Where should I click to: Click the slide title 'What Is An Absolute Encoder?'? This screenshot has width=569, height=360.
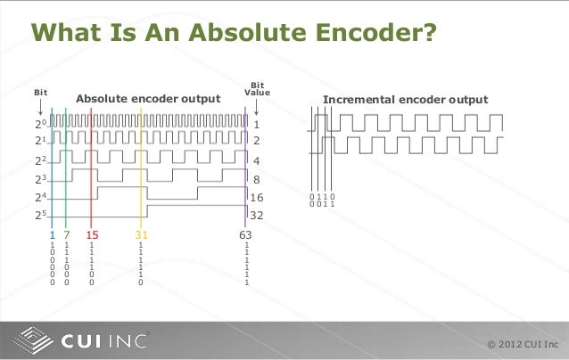pyautogui.click(x=234, y=34)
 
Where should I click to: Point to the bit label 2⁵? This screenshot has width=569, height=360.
pyautogui.click(x=41, y=215)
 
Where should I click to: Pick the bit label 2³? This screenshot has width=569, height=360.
pyautogui.click(x=41, y=179)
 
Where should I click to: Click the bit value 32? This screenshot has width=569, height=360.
pyautogui.click(x=261, y=215)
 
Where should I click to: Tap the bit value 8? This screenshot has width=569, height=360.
pyautogui.click(x=258, y=179)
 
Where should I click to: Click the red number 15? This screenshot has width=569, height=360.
pyautogui.click(x=91, y=234)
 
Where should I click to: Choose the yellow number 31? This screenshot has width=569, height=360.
pyautogui.click(x=141, y=234)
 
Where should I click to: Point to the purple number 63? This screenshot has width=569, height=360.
pyautogui.click(x=245, y=234)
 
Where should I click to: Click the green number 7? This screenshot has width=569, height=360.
pyautogui.click(x=66, y=234)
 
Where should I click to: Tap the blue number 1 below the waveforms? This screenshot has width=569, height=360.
pyautogui.click(x=52, y=234)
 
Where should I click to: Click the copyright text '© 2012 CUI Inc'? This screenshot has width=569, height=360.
pyautogui.click(x=523, y=344)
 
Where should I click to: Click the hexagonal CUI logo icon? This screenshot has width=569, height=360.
pyautogui.click(x=35, y=340)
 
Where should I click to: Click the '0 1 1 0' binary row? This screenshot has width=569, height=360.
pyautogui.click(x=321, y=197)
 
